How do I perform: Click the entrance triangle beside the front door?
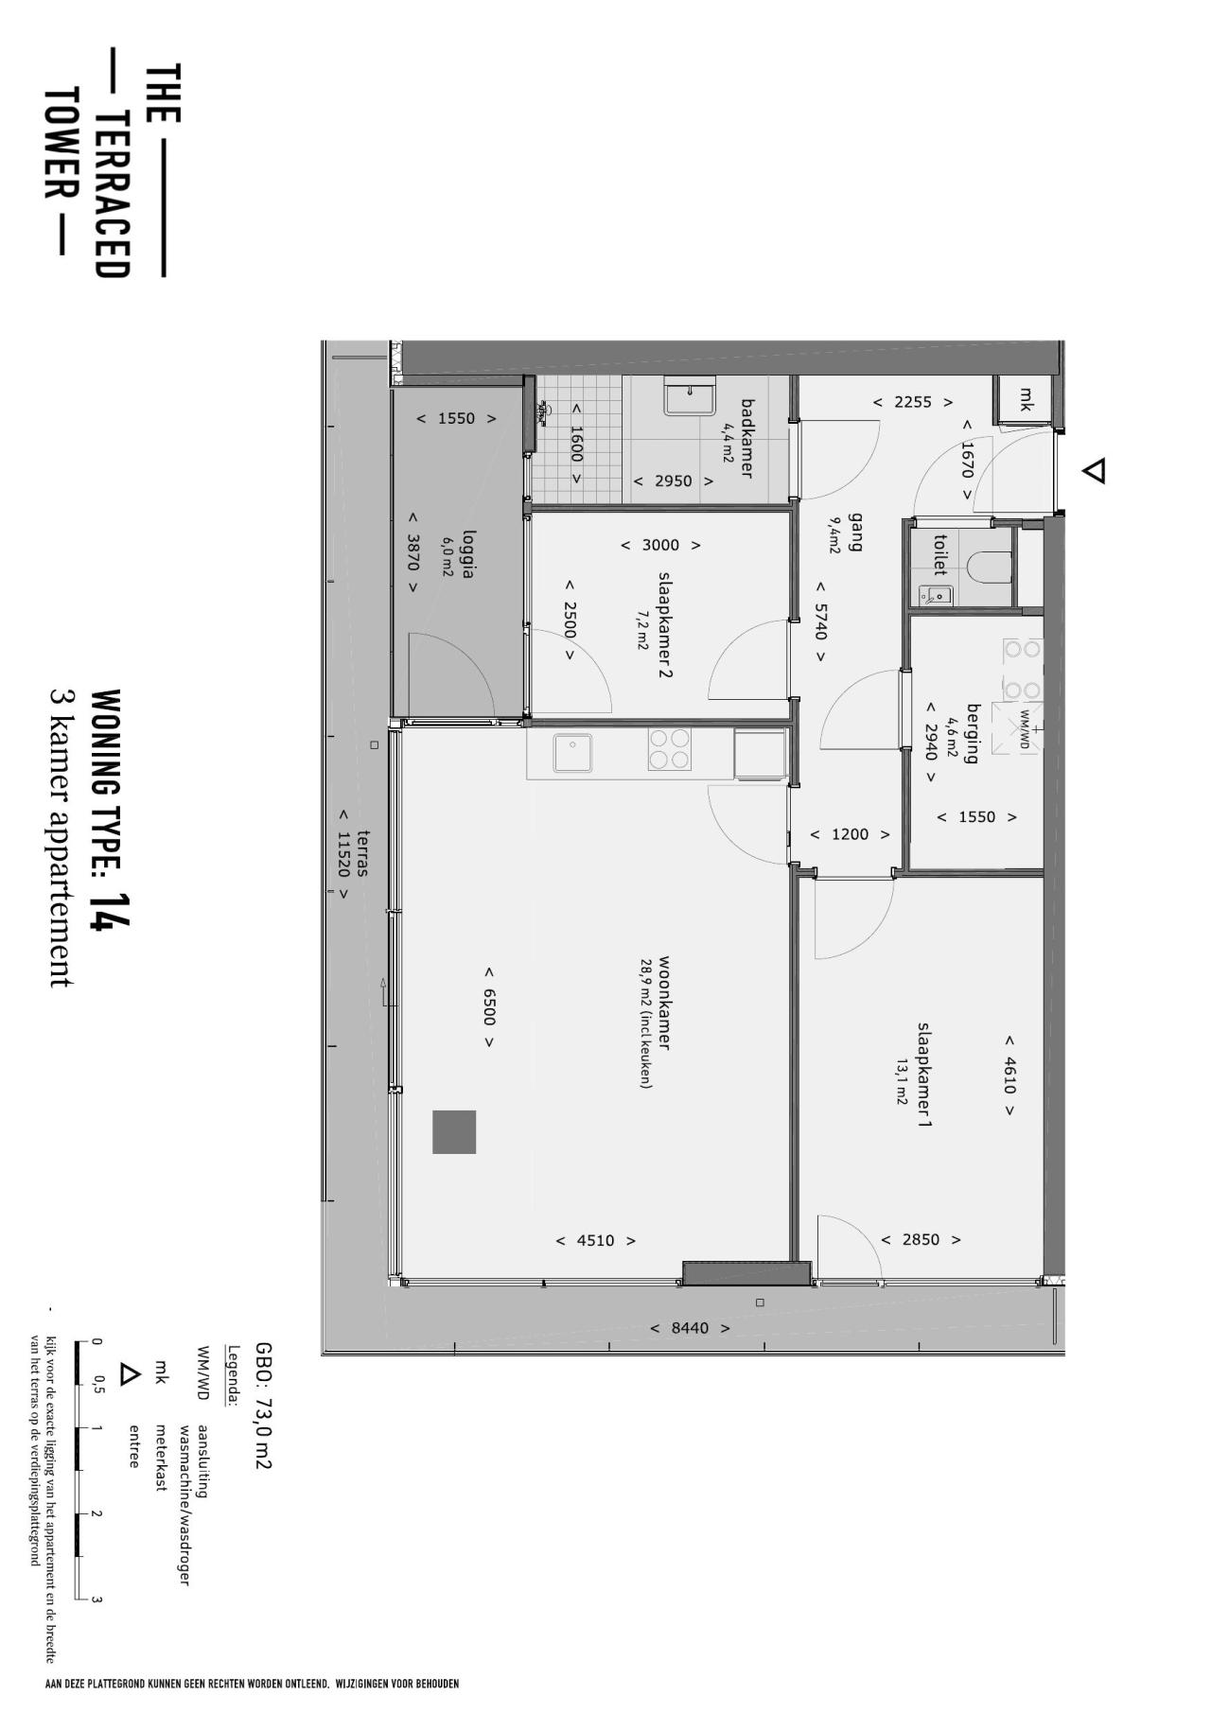click(x=1095, y=471)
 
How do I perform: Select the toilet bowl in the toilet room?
click(x=990, y=565)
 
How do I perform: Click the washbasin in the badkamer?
click(x=690, y=395)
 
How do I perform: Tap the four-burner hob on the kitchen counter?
click(x=671, y=749)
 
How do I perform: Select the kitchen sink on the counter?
click(x=572, y=753)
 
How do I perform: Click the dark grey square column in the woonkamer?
click(x=454, y=1131)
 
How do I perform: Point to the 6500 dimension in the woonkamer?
click(x=489, y=1007)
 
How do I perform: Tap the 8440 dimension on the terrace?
click(x=690, y=1328)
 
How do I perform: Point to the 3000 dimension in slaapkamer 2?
click(x=660, y=545)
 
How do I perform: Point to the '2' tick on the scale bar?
click(x=96, y=1513)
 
